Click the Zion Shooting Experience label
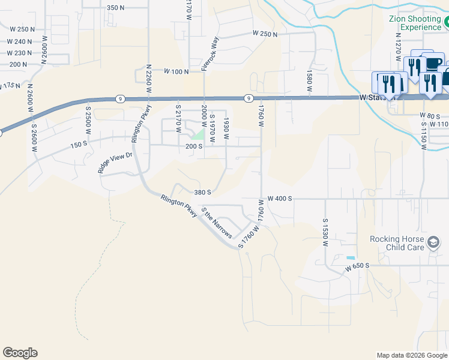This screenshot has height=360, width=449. tap(415, 23)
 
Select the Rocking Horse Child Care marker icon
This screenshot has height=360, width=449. tap(433, 243)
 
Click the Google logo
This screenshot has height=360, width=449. tap(20, 353)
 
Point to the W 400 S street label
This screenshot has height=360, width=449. tap(279, 198)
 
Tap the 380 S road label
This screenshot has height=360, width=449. tap(202, 193)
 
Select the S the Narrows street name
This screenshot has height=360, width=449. tap(217, 223)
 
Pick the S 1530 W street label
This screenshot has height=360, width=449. tap(325, 233)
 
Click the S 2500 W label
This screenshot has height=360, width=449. tap(88, 121)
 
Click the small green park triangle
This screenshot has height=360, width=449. tap(197, 135)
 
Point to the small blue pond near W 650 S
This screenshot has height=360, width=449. tap(351, 258)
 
